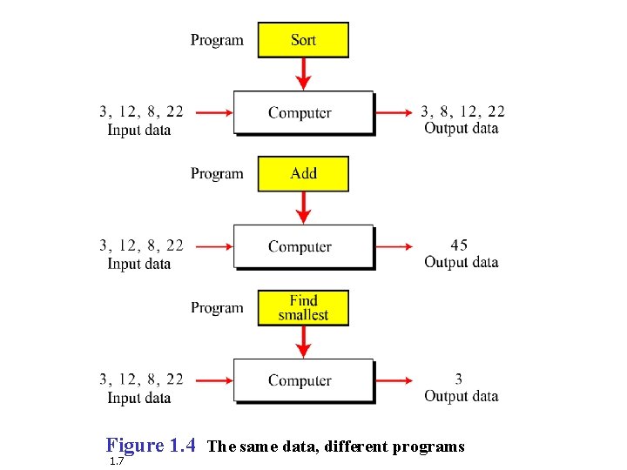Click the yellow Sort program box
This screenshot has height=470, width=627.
303,40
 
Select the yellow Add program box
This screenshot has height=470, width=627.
303,173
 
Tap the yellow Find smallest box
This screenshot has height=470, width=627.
303,308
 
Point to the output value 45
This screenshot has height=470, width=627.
459,245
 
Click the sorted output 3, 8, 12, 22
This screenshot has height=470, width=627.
462,111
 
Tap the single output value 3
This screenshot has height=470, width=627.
459,379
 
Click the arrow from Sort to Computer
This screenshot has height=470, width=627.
303,73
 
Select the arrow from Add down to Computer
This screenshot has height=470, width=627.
303,207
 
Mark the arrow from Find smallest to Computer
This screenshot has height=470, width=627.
303,341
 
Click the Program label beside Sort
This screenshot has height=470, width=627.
217,40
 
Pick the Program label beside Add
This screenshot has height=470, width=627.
217,174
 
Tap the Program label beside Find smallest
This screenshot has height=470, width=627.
217,308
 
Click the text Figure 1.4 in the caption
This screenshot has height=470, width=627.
151,446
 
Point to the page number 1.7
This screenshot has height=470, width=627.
117,461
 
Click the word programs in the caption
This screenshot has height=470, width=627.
428,446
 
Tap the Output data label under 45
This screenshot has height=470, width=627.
461,262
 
